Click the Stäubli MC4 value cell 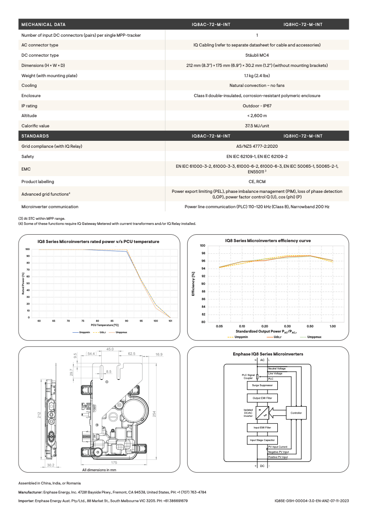click(257, 55)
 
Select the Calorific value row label click(35, 125)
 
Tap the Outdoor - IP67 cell click(257, 106)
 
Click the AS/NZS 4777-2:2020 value click(257, 146)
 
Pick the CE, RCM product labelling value click(257, 181)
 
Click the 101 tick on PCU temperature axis click(170, 321)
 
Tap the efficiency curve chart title click(268, 241)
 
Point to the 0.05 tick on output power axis click(219, 327)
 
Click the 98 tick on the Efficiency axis click(203, 253)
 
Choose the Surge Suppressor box click(262, 385)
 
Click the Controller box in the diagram click(296, 413)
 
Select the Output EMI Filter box click(262, 398)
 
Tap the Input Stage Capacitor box click(262, 440)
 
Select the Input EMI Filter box click(262, 428)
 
